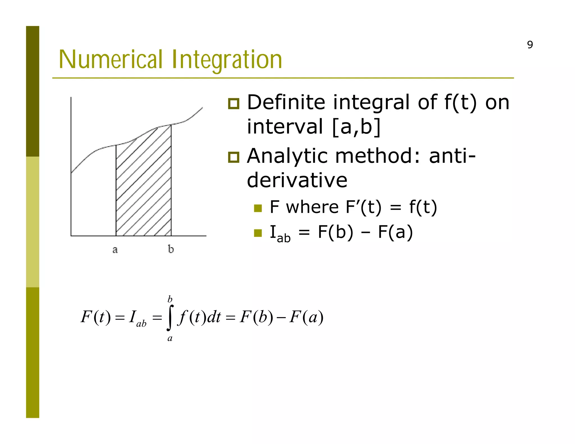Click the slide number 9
click(x=530, y=45)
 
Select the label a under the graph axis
click(x=115, y=249)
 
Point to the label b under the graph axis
click(x=171, y=249)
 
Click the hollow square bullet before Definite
click(x=234, y=104)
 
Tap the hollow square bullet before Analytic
click(x=234, y=157)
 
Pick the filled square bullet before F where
click(x=258, y=208)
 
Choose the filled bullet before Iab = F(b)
click(x=258, y=233)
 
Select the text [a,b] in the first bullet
click(x=356, y=127)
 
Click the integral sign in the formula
click(x=170, y=318)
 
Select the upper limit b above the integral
click(x=170, y=299)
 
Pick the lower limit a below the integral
click(x=170, y=338)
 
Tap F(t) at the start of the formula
click(x=96, y=317)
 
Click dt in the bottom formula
click(x=214, y=317)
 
